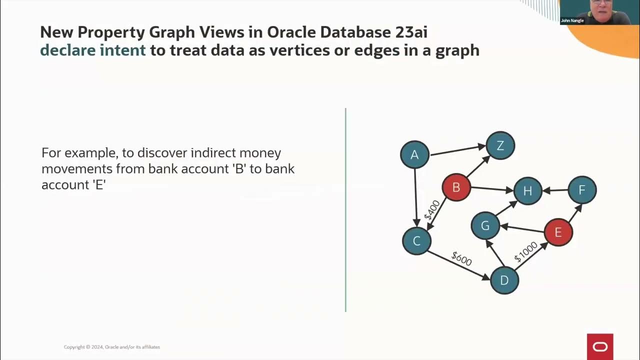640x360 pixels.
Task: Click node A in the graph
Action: click(x=414, y=155)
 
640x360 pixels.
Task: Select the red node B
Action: click(x=456, y=187)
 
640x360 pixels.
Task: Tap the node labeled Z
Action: click(x=500, y=145)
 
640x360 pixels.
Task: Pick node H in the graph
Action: click(x=527, y=191)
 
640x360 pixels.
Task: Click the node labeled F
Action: click(x=581, y=190)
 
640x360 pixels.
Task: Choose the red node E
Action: click(x=558, y=232)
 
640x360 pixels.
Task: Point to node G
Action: click(x=485, y=225)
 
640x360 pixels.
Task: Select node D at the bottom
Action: click(x=504, y=280)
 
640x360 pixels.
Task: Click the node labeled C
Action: click(x=416, y=241)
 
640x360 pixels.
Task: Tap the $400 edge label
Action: click(x=431, y=210)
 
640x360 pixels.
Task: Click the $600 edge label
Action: click(x=461, y=258)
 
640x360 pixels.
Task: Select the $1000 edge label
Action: click(x=525, y=251)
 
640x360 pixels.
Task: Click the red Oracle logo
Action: click(x=600, y=346)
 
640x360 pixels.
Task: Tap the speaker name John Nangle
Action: click(x=572, y=20)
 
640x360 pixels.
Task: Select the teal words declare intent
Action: click(x=93, y=50)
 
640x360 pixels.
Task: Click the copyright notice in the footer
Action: click(x=112, y=347)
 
